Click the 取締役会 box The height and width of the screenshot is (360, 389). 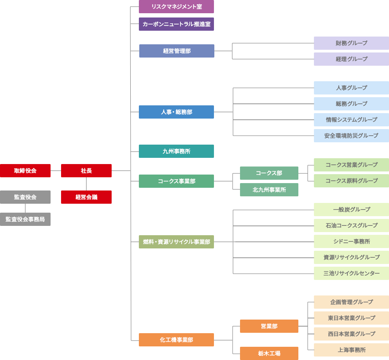[x=25, y=171]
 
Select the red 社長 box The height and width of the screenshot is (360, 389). [x=86, y=171]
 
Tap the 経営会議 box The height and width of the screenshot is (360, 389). [x=86, y=197]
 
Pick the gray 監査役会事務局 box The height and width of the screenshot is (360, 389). [x=25, y=219]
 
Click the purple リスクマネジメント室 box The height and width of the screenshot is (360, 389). [x=176, y=7]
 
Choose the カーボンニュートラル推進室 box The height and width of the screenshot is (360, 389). [x=176, y=24]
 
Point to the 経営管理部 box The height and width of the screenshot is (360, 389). [x=177, y=51]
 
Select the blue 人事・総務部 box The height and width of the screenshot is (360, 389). [x=176, y=112]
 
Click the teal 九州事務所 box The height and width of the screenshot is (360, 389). [x=176, y=151]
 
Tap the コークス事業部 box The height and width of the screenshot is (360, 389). [x=176, y=181]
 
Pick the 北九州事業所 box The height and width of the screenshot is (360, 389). [x=269, y=190]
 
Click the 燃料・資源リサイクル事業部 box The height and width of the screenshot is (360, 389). [x=176, y=242]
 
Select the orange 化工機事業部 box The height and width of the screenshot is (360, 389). [x=176, y=340]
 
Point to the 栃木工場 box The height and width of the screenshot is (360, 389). [x=269, y=353]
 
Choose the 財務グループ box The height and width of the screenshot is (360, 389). [x=351, y=43]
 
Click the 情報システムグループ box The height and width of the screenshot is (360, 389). [x=351, y=120]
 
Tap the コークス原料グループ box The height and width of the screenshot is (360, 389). [x=351, y=181]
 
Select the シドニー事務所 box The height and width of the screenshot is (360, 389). [x=351, y=241]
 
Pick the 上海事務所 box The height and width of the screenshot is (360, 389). [x=351, y=350]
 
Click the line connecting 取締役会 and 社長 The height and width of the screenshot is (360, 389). [x=56, y=171]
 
